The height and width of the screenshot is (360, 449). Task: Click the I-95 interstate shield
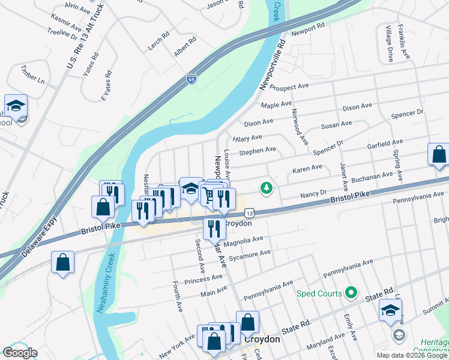click(191, 79)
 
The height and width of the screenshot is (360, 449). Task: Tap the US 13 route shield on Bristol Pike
click(249, 213)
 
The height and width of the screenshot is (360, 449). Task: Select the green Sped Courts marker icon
click(351, 293)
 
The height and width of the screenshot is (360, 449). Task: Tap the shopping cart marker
click(208, 194)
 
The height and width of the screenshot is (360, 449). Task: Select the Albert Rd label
click(185, 47)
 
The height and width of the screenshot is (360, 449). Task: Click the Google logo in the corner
click(20, 353)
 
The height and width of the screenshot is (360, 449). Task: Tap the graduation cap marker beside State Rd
click(390, 310)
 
